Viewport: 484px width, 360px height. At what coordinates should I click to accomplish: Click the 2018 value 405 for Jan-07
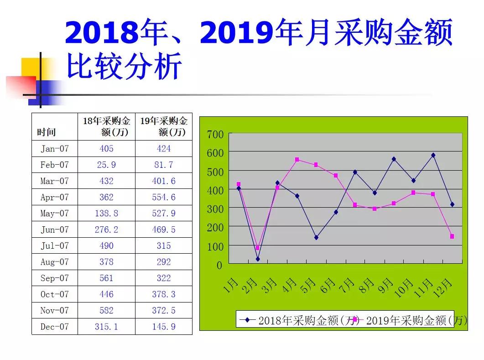pyautogui.click(x=106, y=149)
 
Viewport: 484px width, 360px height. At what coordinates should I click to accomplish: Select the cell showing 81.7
pyautogui.click(x=163, y=165)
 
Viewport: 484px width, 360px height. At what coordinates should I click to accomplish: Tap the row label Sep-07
pyautogui.click(x=54, y=278)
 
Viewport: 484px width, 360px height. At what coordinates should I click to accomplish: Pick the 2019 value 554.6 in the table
pyautogui.click(x=163, y=197)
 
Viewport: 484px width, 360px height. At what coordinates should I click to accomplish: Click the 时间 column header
pyautogui.click(x=46, y=132)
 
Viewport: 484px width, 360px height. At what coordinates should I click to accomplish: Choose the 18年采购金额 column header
pyautogui.click(x=106, y=126)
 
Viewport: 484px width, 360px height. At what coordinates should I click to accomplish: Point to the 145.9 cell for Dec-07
pyautogui.click(x=163, y=327)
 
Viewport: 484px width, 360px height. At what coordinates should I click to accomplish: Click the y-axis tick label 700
pyautogui.click(x=215, y=135)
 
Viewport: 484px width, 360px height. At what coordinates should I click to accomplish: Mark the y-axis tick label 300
pyautogui.click(x=215, y=209)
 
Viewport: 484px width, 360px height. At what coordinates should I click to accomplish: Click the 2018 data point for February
pyautogui.click(x=258, y=259)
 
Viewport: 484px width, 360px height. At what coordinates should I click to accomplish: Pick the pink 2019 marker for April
pyautogui.click(x=297, y=160)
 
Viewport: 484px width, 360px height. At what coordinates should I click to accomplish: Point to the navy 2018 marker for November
pyautogui.click(x=433, y=155)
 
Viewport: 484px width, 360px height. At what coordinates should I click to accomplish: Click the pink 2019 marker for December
pyautogui.click(x=452, y=236)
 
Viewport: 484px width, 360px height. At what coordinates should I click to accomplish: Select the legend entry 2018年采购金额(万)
pyautogui.click(x=301, y=320)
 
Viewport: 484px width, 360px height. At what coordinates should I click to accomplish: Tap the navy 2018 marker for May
pyautogui.click(x=316, y=237)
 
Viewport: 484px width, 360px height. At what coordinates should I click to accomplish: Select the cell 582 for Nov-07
pyautogui.click(x=106, y=311)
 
